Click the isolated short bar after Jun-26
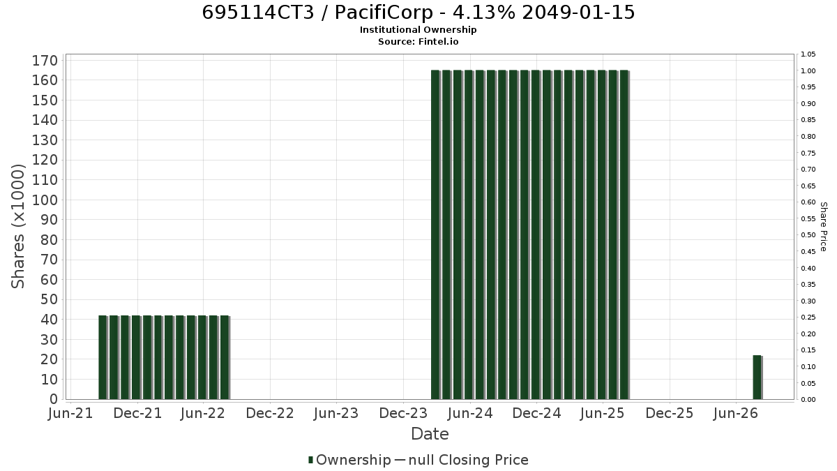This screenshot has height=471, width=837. [757, 377]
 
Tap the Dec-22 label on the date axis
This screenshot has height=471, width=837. [270, 413]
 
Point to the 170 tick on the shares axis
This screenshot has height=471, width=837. [45, 61]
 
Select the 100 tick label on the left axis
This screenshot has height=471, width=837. [45, 200]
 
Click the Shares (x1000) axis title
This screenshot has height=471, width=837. [17, 226]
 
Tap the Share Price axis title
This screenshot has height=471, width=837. [824, 227]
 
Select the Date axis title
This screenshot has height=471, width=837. [430, 434]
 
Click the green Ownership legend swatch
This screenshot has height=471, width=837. [310, 460]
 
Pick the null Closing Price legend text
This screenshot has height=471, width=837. [469, 460]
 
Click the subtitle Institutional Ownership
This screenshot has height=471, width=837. [418, 30]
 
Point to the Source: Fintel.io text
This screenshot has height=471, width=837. [418, 41]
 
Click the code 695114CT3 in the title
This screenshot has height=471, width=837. [258, 13]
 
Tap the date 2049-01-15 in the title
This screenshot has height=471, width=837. [578, 13]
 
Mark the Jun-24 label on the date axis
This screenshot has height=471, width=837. [470, 413]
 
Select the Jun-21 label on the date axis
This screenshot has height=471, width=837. [70, 413]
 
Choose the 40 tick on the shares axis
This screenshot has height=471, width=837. [50, 320]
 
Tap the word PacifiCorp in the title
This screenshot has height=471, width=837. [384, 13]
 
